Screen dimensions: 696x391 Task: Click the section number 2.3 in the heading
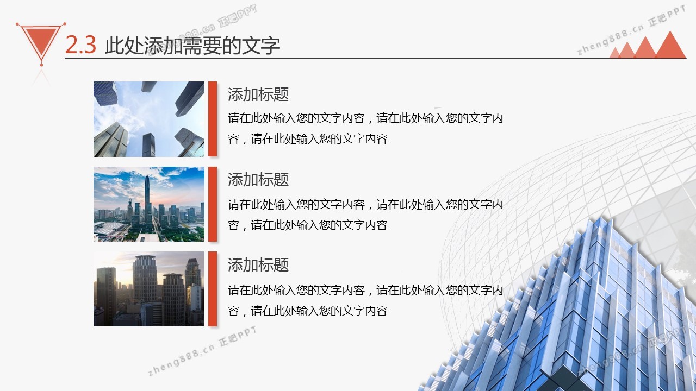point(80,45)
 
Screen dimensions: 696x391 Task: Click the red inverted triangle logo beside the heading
point(41,42)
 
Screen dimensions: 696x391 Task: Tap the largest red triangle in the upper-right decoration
point(670,45)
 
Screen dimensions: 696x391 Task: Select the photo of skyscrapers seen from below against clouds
point(149,119)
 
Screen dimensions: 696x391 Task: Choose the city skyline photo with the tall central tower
point(149,204)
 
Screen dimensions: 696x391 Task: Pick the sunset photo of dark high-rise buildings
point(149,289)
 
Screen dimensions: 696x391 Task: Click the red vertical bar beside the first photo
point(213,119)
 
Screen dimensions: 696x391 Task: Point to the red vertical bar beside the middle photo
point(213,204)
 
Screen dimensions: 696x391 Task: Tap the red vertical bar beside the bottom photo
point(213,289)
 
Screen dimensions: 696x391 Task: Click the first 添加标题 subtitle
point(258,94)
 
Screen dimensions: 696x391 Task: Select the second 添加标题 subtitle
point(258,180)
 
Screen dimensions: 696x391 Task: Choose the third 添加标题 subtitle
point(258,265)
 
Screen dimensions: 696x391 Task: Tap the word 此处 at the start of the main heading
point(125,46)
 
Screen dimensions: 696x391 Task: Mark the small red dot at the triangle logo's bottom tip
point(42,65)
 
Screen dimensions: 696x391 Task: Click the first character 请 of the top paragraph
point(233,118)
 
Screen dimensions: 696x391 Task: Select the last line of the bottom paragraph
point(308,311)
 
